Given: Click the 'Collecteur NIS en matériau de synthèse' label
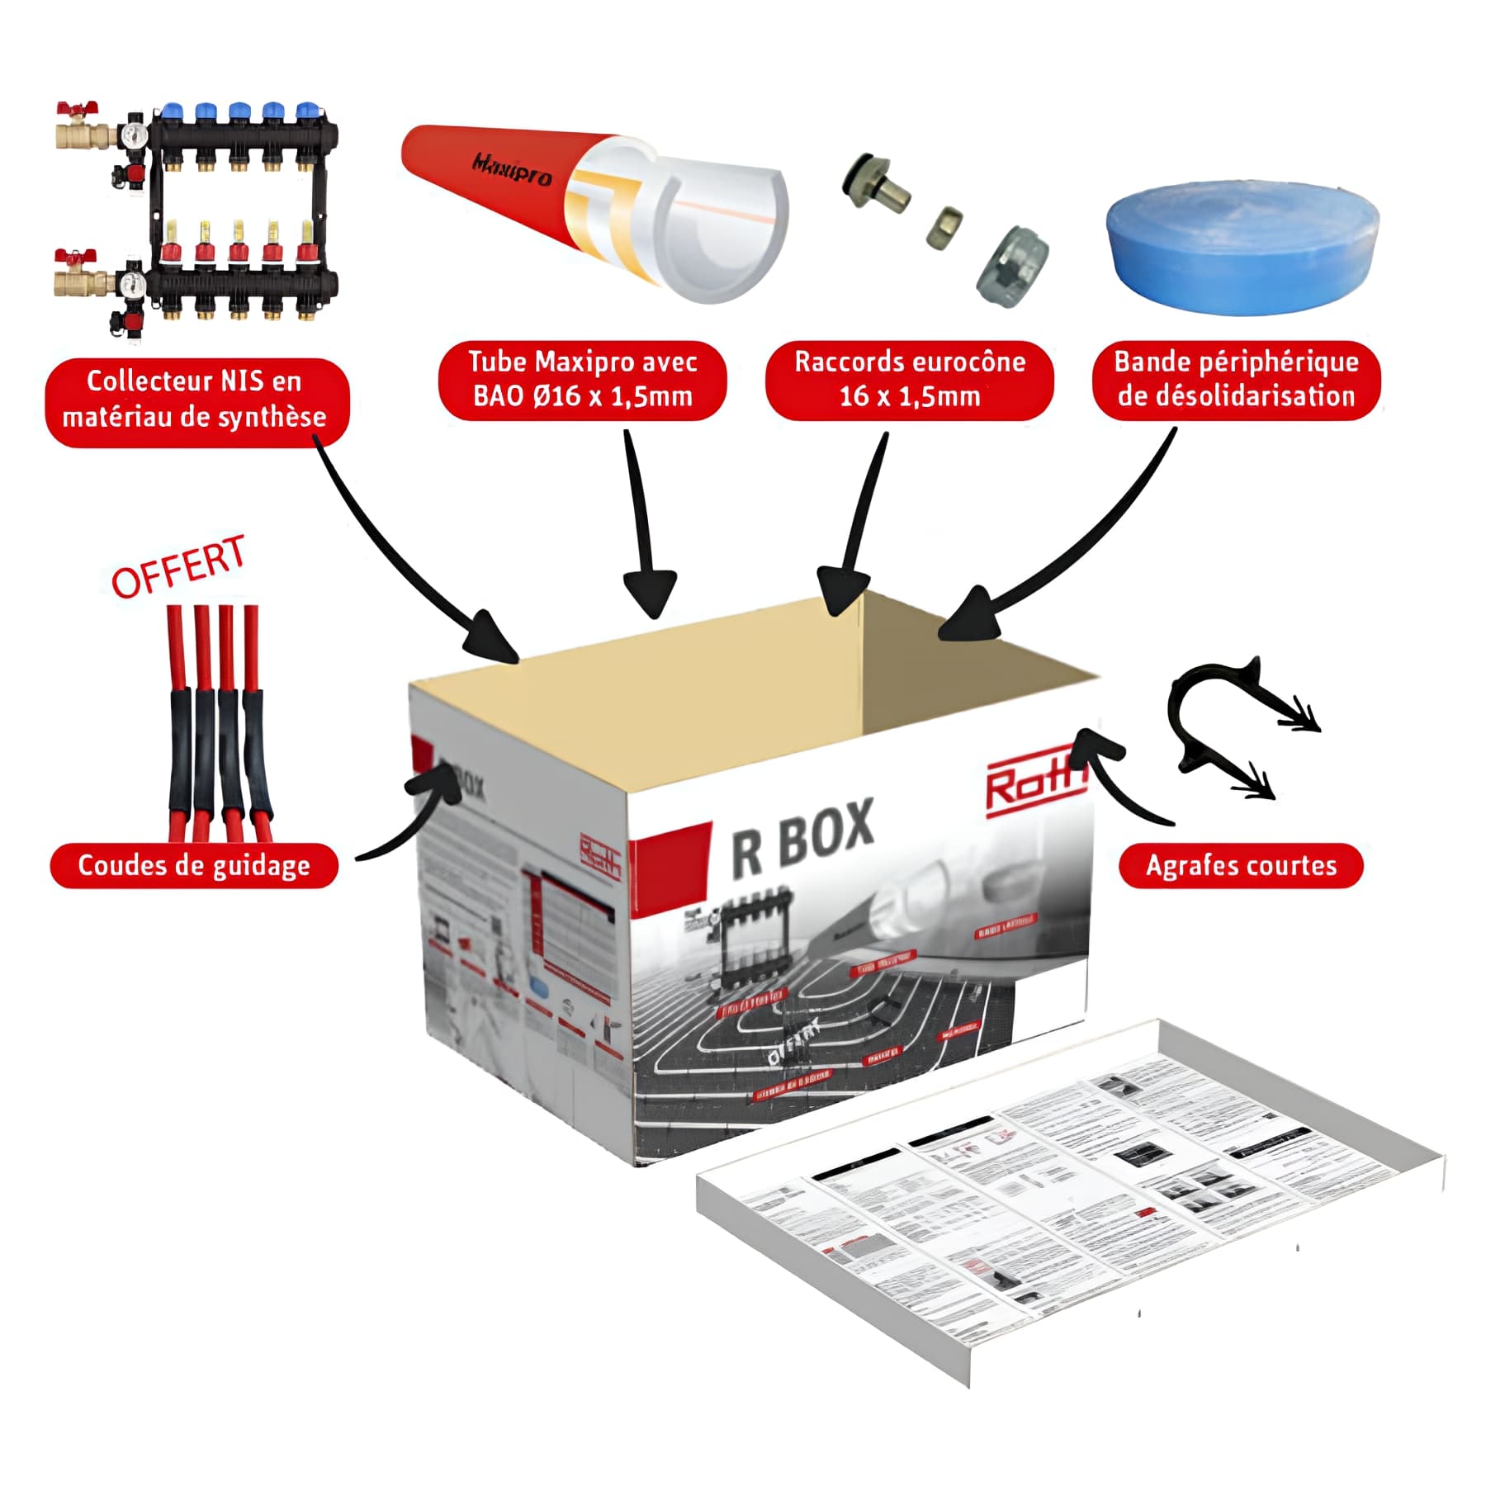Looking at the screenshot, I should tap(196, 402).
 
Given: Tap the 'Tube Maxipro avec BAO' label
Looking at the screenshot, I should tap(582, 381).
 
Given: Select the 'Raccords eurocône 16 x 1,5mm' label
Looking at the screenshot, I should tap(909, 381).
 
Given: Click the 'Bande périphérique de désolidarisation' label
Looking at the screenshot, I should tap(1236, 381).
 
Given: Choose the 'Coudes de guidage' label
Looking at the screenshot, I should tap(194, 866).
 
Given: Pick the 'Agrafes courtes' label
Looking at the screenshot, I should tap(1240, 866).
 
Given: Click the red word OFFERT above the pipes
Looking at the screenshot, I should tap(179, 567).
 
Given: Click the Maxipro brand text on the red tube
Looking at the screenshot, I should tap(511, 169).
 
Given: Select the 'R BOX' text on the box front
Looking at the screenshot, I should tap(802, 838).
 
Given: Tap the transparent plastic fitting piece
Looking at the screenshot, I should tap(1011, 267).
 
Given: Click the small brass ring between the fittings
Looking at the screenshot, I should tap(943, 234).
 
